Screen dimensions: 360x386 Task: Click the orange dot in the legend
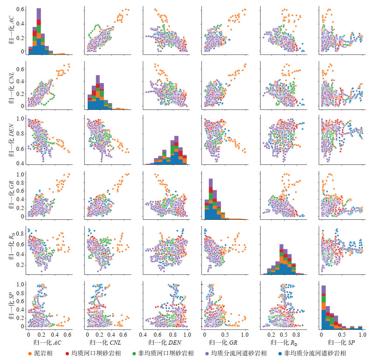[x=30, y=353]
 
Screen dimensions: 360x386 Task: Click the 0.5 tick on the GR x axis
[x=225, y=334]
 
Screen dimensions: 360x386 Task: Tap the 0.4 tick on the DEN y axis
[x=20, y=163]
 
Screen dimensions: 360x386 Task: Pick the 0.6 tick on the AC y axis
[x=20, y=9]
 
